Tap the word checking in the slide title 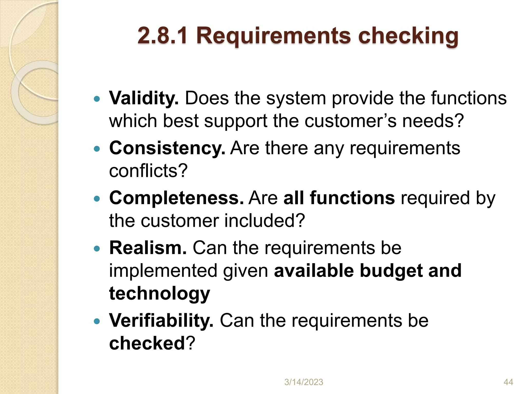point(408,36)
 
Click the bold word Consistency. point(167,148)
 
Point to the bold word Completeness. point(176,198)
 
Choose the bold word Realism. point(148,248)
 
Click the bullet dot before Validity point(97,99)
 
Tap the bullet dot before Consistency point(97,149)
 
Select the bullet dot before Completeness point(97,199)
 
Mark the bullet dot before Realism point(97,248)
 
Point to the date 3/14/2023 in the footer point(304,382)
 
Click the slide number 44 point(508,382)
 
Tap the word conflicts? point(148,171)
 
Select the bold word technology point(159,293)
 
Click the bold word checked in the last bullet point(147,343)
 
